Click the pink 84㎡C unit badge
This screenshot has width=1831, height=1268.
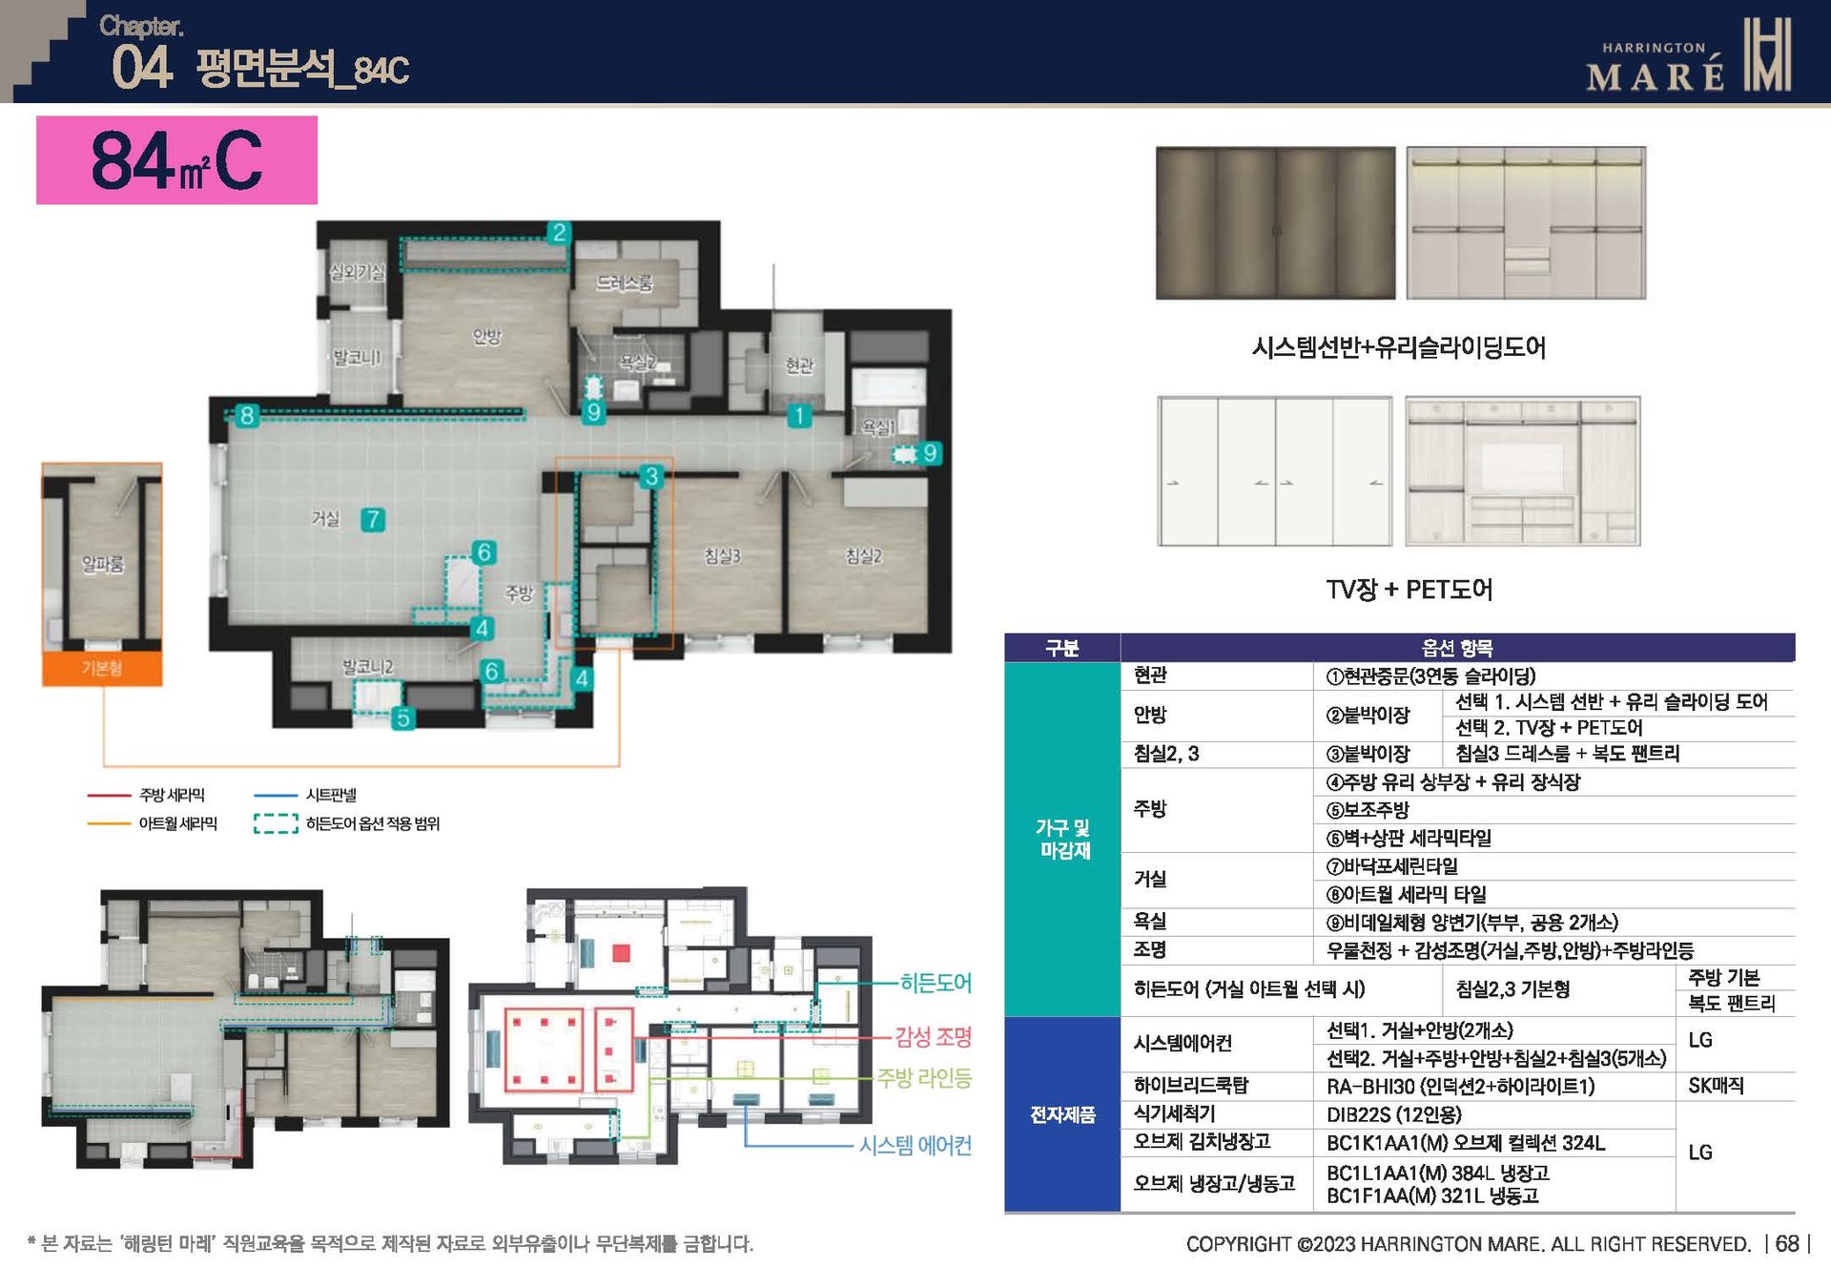pos(176,160)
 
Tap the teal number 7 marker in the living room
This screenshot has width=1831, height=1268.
pos(373,519)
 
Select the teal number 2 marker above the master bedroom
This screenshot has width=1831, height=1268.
pos(559,232)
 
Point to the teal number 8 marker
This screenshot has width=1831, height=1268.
pos(247,415)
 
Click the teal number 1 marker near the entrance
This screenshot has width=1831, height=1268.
pos(799,415)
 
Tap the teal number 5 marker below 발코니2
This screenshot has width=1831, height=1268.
pos(403,717)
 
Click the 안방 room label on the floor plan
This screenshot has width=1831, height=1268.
pos(487,336)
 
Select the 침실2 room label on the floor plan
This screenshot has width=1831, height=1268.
pos(863,555)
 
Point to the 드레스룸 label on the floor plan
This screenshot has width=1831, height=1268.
pos(625,282)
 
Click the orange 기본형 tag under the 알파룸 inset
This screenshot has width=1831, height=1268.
pos(102,668)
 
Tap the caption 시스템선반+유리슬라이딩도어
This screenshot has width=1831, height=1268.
pos(1399,346)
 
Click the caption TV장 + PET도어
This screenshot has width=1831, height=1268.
pos(1409,589)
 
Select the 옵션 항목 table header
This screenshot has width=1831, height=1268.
pos(1456,648)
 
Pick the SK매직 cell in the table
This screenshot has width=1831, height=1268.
pos(1716,1085)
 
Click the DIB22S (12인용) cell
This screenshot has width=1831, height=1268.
pos(1393,1113)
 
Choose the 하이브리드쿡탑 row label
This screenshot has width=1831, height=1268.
pos(1190,1085)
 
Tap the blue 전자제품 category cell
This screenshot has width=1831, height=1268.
pos(1062,1113)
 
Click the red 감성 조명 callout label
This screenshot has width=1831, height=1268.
pos(933,1036)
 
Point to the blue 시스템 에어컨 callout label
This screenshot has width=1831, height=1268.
pos(915,1145)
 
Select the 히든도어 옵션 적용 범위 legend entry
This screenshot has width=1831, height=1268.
pos(372,823)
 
